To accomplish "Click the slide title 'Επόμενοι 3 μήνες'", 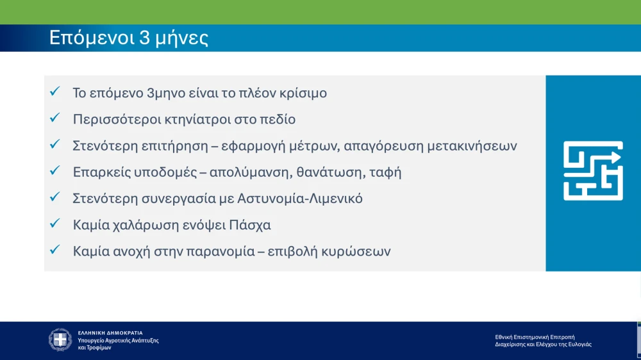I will pos(129,38).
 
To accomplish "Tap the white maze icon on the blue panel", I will pos(593,171).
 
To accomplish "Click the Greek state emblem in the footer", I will pos(61,340).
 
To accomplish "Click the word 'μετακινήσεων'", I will pos(471,145).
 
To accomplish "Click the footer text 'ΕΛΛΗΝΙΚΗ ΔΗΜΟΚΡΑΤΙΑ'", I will pos(110,333).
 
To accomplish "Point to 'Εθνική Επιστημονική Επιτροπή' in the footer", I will pos(535,337).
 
